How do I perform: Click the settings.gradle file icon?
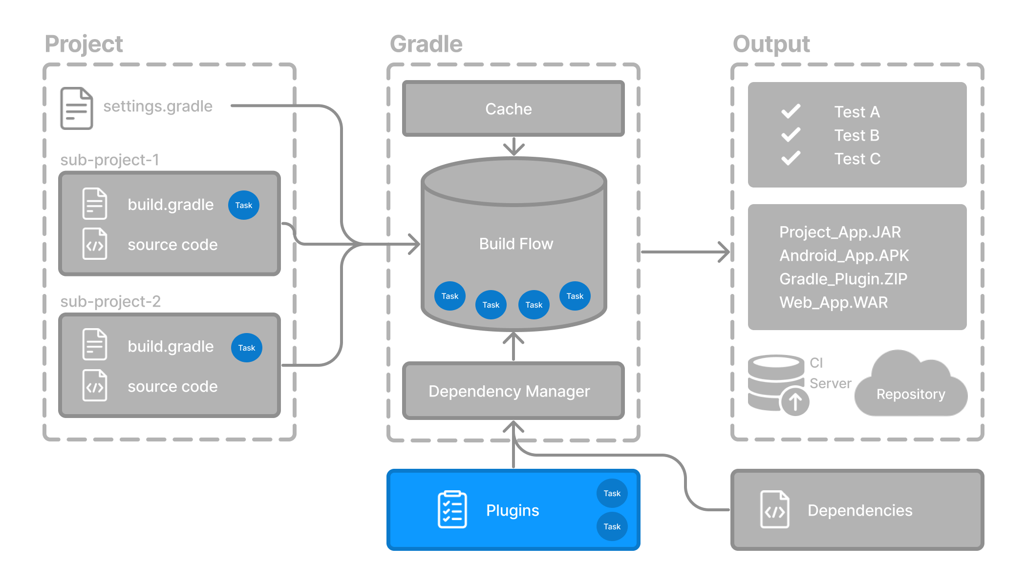coord(76,108)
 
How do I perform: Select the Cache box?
coord(513,108)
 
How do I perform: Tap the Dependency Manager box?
coord(513,391)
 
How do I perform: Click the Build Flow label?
coord(516,244)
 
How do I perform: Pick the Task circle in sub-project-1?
coord(243,205)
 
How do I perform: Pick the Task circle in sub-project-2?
coord(246,348)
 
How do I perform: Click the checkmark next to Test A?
coord(791,111)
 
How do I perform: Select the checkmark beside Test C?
coord(791,158)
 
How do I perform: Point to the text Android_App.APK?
coord(844,255)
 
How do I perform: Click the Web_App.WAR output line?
coord(834,302)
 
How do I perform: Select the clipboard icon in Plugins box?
coord(452,510)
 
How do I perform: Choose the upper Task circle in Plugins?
coord(612,493)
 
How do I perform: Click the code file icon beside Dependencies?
coord(774,510)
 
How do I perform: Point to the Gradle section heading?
coord(426,44)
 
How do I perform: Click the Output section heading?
coord(771,44)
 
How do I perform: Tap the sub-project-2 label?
coord(110,301)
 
